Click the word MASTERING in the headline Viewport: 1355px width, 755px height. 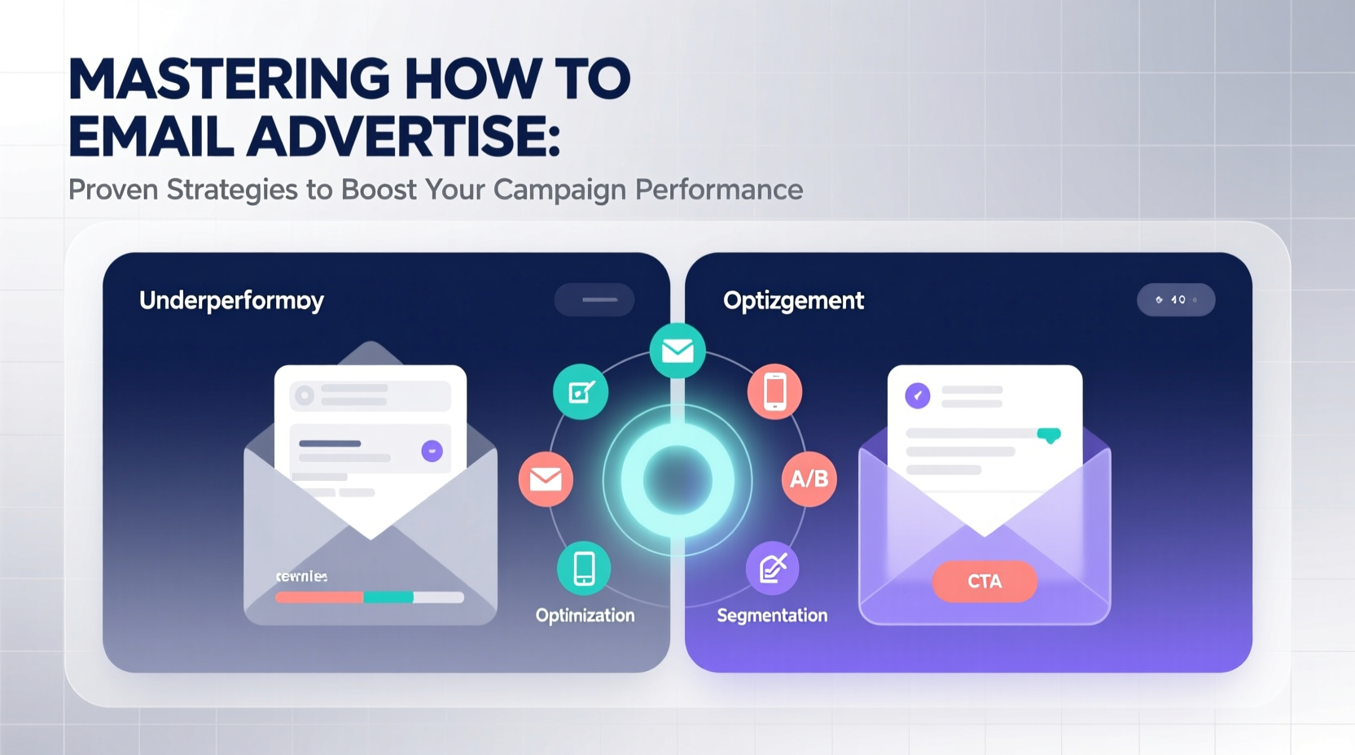pyautogui.click(x=229, y=79)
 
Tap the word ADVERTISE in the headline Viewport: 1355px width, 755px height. pyautogui.click(x=404, y=136)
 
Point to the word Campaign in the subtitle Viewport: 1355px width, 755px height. pyautogui.click(x=559, y=190)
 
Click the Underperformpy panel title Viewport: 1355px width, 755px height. pyautogui.click(x=231, y=300)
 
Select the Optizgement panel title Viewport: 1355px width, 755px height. pyautogui.click(x=793, y=300)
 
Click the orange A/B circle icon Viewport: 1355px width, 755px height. pyautogui.click(x=809, y=478)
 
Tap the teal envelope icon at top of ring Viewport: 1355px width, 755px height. pyautogui.click(x=677, y=351)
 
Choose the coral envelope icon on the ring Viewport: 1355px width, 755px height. pyautogui.click(x=546, y=479)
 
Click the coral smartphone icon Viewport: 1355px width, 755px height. pyautogui.click(x=774, y=391)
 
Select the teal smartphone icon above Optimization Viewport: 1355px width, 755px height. pyautogui.click(x=584, y=568)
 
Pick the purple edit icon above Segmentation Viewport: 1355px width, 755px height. pyautogui.click(x=772, y=568)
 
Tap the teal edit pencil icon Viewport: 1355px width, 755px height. pyautogui.click(x=581, y=392)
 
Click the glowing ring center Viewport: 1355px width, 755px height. pyautogui.click(x=677, y=480)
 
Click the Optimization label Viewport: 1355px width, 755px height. pyautogui.click(x=585, y=616)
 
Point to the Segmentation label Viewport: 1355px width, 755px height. pyautogui.click(x=772, y=616)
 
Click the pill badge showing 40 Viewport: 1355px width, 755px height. pyautogui.click(x=1175, y=300)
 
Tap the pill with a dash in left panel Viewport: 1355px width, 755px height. pyautogui.click(x=594, y=299)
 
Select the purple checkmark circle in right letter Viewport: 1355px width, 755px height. pyautogui.click(x=918, y=396)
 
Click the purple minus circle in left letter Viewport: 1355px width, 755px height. pyautogui.click(x=432, y=451)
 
